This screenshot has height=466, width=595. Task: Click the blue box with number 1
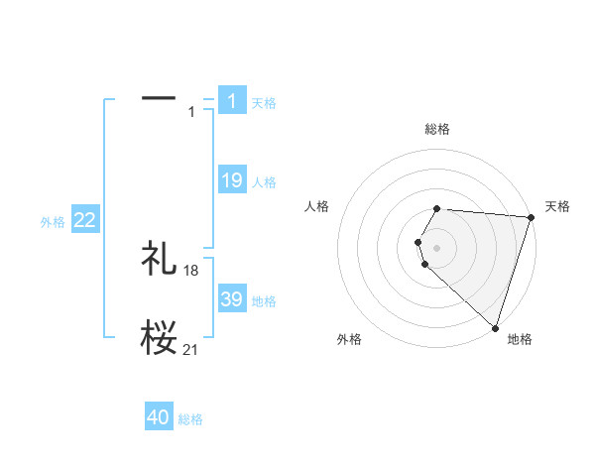point(232,101)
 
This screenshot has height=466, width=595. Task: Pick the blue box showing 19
point(232,180)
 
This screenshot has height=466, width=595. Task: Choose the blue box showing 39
point(232,299)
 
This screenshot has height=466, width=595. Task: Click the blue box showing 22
point(85,220)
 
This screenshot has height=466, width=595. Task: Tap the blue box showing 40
point(159,417)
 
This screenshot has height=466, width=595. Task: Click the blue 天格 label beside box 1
point(264,103)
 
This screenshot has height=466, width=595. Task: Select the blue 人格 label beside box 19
point(264,182)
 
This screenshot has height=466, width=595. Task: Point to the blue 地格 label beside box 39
point(264,301)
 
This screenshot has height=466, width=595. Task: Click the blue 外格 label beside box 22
point(53,222)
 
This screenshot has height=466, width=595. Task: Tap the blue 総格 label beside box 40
point(190,419)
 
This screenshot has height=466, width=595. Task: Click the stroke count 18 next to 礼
point(191,271)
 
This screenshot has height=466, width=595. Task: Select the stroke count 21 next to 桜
point(191,349)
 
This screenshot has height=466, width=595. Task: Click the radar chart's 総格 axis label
point(437,129)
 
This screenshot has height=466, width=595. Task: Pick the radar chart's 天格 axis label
point(558,206)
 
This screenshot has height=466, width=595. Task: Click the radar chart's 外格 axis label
point(349,339)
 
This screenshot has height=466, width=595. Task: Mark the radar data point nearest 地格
point(495,327)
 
